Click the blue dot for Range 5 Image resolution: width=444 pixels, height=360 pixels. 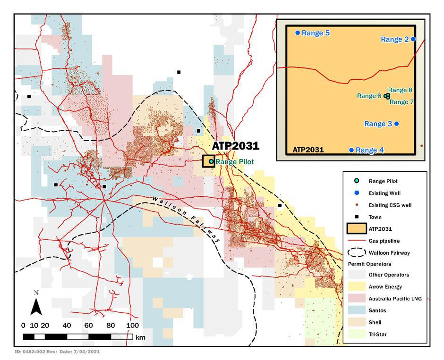[298, 33]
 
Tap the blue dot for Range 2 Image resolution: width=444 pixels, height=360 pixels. [413, 39]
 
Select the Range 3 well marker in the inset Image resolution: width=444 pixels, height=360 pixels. [397, 124]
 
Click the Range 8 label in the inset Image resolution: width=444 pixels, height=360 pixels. [400, 90]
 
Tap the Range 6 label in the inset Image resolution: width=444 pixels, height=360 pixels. [369, 96]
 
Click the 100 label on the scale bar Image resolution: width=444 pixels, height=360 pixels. [132, 326]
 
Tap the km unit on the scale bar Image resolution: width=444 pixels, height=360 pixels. [140, 338]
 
